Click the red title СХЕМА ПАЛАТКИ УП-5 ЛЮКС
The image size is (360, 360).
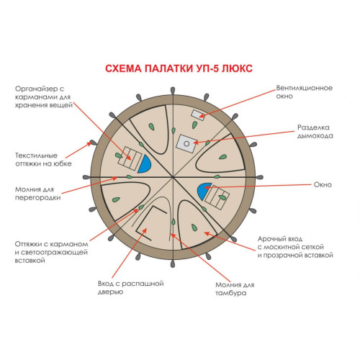click(179, 68)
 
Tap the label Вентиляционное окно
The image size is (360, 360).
click(304, 92)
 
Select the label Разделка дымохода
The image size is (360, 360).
click(315, 132)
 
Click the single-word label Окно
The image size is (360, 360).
click(323, 184)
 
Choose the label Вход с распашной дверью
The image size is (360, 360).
click(130, 287)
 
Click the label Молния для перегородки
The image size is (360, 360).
click(38, 194)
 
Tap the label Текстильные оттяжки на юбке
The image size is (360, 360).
click(43, 159)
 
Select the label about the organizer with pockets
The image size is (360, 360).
click(44, 97)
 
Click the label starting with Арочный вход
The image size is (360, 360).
click(295, 247)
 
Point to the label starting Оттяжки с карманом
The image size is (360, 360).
click(51, 252)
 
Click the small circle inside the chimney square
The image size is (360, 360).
click(186, 144)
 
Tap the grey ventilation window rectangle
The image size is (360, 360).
click(198, 115)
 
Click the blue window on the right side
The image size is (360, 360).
click(204, 191)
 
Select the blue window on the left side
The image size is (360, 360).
click(145, 164)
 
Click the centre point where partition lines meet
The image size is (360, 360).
click(173, 177)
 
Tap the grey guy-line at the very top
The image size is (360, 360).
click(173, 91)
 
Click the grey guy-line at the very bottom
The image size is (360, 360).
click(173, 264)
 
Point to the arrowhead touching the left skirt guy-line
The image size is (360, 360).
click(89, 143)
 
